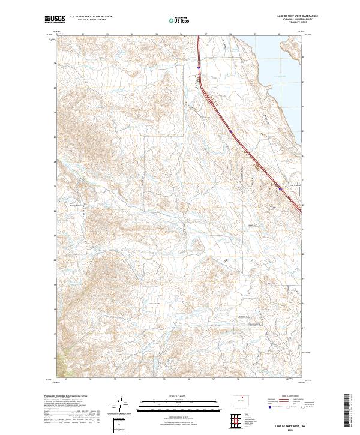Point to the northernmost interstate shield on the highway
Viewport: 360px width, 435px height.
click(x=198, y=68)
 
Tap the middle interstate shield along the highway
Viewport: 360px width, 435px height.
click(x=230, y=128)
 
